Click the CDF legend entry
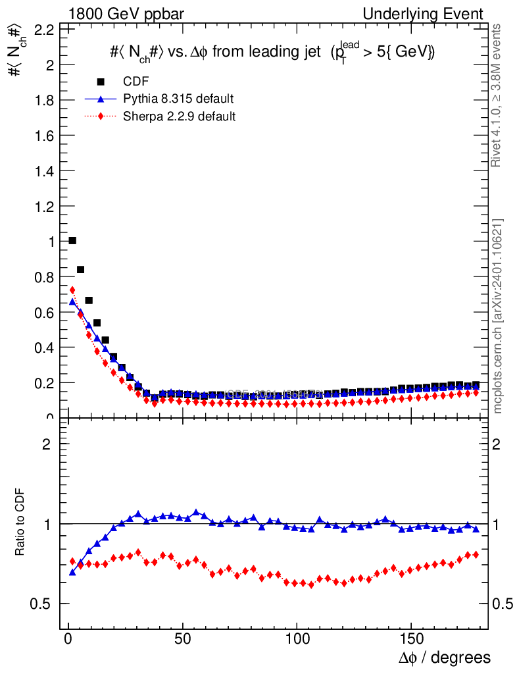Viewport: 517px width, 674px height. [136, 82]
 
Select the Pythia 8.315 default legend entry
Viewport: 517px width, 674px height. [178, 99]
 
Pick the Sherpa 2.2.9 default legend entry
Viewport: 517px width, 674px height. [180, 117]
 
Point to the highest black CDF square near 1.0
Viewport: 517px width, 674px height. [72, 240]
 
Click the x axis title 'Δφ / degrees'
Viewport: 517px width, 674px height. [444, 658]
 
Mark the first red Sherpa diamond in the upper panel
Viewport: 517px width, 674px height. [72, 290]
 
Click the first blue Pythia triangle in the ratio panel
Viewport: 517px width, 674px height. [72, 572]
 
